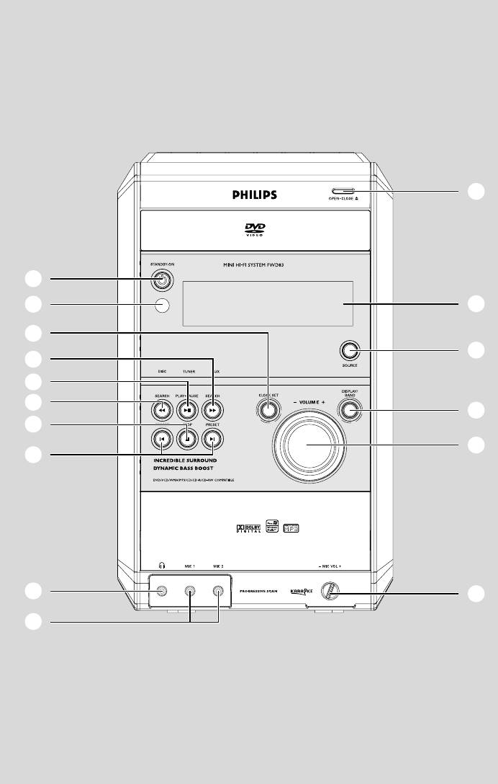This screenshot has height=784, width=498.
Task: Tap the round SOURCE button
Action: pyautogui.click(x=350, y=351)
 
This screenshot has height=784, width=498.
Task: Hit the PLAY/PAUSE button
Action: pyautogui.click(x=187, y=411)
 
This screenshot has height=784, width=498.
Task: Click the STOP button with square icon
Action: pyautogui.click(x=187, y=437)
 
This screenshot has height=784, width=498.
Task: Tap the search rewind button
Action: pyautogui.click(x=161, y=411)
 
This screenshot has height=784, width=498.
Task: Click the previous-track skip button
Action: pyautogui.click(x=161, y=437)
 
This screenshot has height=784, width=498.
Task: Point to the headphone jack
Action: pyautogui.click(x=160, y=592)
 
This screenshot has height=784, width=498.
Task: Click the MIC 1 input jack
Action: pyautogui.click(x=189, y=592)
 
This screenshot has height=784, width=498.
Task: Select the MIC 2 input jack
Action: pyautogui.click(x=218, y=592)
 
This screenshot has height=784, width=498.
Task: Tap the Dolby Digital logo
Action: pyautogui.click(x=248, y=530)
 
